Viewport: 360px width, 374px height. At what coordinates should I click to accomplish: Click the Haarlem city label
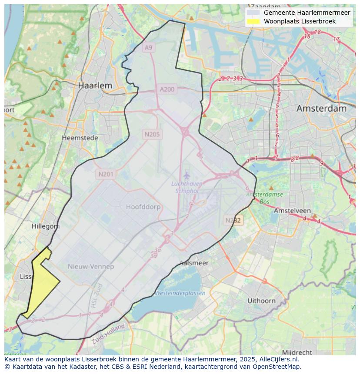pos(95,86)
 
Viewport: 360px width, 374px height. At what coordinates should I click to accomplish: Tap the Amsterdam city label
pos(321,109)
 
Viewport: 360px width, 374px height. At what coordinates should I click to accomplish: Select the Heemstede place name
pos(80,138)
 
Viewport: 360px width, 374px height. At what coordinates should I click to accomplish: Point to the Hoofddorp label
pos(143,207)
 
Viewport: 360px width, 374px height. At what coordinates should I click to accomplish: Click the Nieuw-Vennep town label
pos(91,266)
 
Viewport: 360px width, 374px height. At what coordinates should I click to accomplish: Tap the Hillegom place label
pos(45,226)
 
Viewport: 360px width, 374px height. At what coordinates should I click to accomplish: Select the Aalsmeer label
pos(194,263)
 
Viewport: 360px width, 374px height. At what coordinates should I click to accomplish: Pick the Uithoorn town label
pos(261,300)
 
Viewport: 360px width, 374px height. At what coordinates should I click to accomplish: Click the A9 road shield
pos(149,47)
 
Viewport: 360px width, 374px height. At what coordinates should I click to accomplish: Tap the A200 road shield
pos(167,89)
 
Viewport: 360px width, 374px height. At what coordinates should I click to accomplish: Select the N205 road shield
pos(152,134)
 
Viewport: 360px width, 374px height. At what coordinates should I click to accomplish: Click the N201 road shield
pos(106,174)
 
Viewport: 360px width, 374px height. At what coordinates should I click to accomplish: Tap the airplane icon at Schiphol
pos(187,175)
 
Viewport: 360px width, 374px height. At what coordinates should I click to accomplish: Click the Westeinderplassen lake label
pos(180,293)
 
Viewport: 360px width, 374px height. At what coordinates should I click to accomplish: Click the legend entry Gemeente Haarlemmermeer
pos(307,13)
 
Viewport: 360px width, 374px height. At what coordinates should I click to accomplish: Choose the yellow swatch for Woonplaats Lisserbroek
pos(253,21)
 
